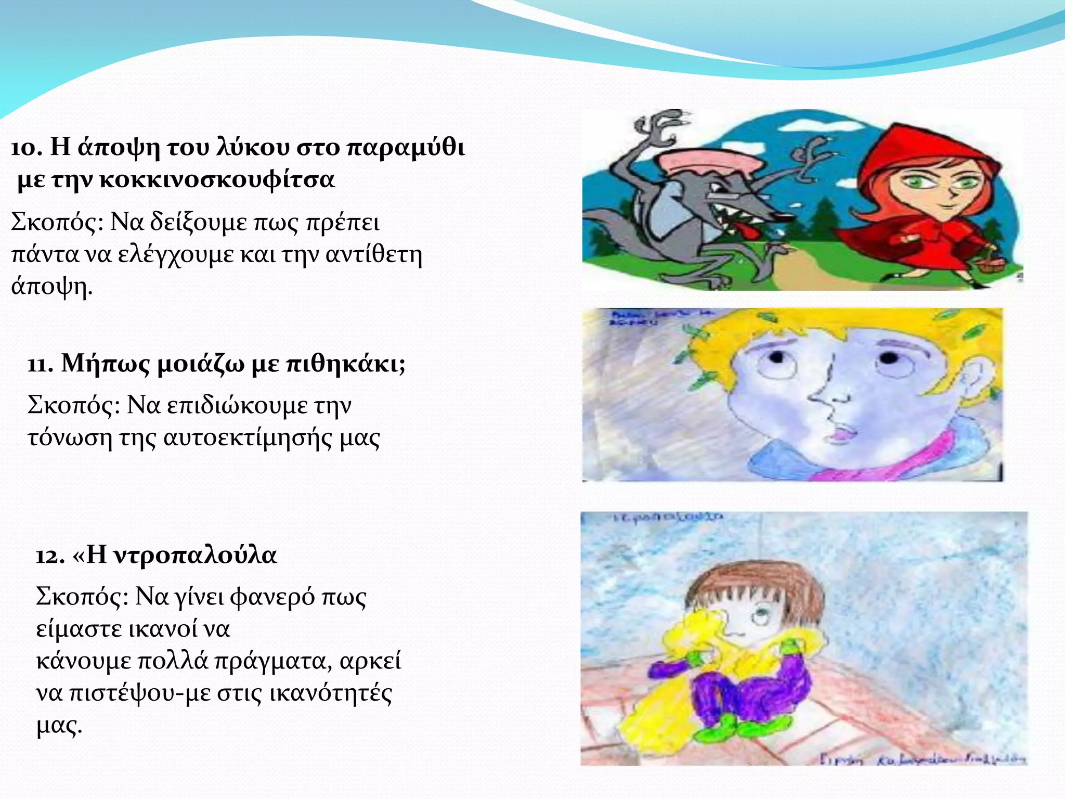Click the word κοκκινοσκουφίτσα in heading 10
(x=217, y=179)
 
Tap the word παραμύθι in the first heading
(x=406, y=147)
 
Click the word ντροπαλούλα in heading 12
(x=195, y=555)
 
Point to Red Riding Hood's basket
(x=988, y=263)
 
